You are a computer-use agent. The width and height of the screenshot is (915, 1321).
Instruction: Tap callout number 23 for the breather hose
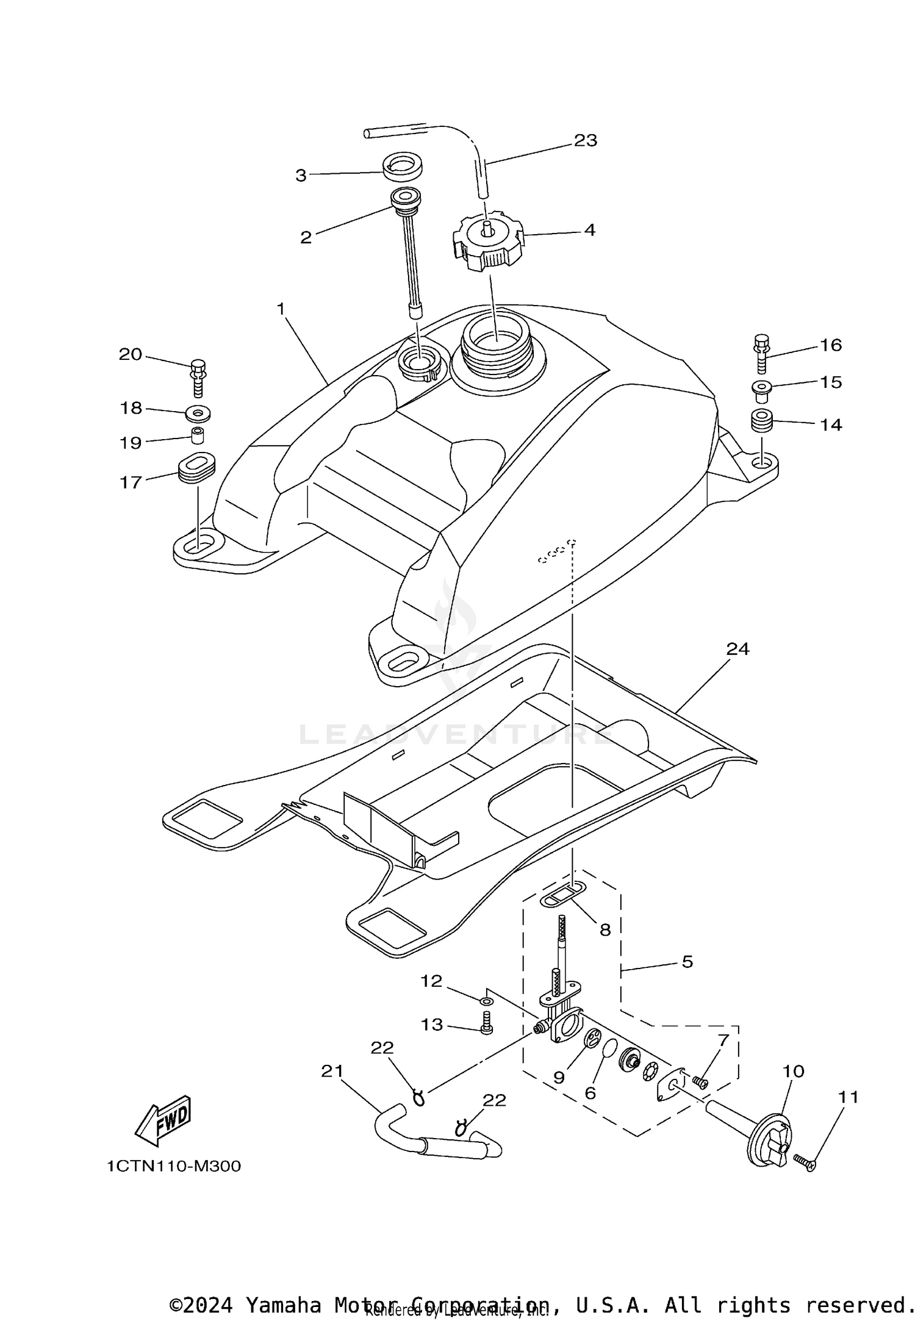(585, 140)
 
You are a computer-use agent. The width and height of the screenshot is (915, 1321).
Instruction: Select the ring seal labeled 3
(401, 168)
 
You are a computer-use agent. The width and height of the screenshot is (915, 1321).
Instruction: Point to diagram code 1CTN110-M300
(174, 1166)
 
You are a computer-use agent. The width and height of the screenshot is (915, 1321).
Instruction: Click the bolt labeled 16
(761, 354)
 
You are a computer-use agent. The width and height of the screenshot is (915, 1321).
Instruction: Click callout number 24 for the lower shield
(737, 649)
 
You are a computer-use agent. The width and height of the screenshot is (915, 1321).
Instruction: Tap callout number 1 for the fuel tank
(281, 309)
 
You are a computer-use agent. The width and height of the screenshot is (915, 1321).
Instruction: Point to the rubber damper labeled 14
(761, 421)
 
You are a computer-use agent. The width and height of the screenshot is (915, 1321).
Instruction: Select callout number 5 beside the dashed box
(687, 962)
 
